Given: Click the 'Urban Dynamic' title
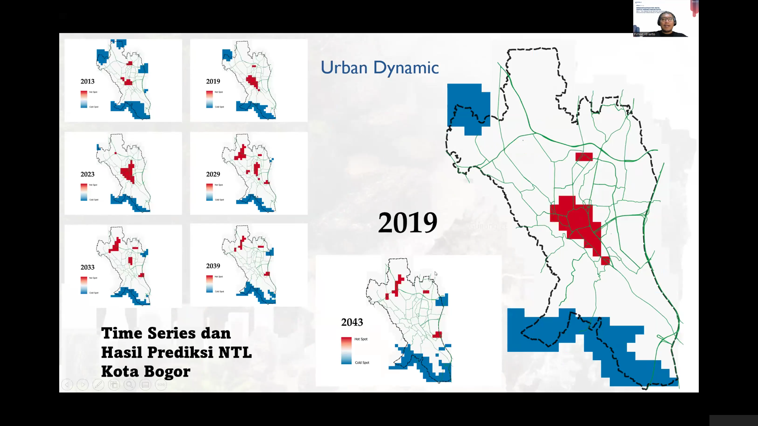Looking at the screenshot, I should pos(379,68).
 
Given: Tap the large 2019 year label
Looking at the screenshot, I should pos(407,223).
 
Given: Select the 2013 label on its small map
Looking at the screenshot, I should pos(87,81).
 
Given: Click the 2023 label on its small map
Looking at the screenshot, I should pos(87,174).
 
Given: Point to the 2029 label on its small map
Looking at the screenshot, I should pos(213,174).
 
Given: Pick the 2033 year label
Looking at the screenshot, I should pos(87,267).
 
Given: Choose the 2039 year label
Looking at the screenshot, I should pos(213,266).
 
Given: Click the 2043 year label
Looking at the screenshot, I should pos(352,322).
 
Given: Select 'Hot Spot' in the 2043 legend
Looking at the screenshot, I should pos(361,339).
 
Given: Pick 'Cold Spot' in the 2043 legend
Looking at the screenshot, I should pos(362,363).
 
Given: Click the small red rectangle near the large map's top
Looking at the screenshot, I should pos(584,157).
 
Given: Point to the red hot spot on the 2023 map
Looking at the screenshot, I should pos(128,173).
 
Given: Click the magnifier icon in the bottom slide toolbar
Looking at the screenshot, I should pos(129,385).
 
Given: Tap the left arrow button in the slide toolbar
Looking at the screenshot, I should pos(67,385).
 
